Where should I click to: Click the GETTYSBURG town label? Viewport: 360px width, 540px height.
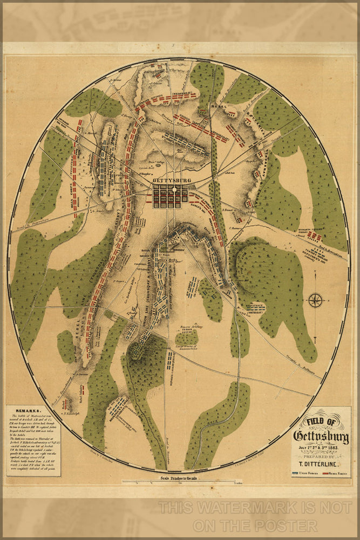tap(169, 180)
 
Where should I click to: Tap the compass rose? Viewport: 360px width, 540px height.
tap(315, 299)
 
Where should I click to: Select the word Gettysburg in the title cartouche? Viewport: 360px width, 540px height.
tap(321, 435)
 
